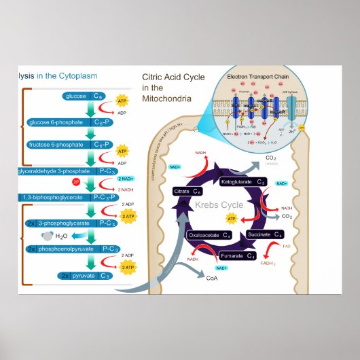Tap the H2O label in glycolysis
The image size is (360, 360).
click(61, 236)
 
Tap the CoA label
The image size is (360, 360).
click(211, 278)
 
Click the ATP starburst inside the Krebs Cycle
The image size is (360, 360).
click(232, 219)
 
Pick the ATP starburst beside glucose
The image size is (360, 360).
click(122, 101)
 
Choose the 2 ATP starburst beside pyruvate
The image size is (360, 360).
click(128, 268)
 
